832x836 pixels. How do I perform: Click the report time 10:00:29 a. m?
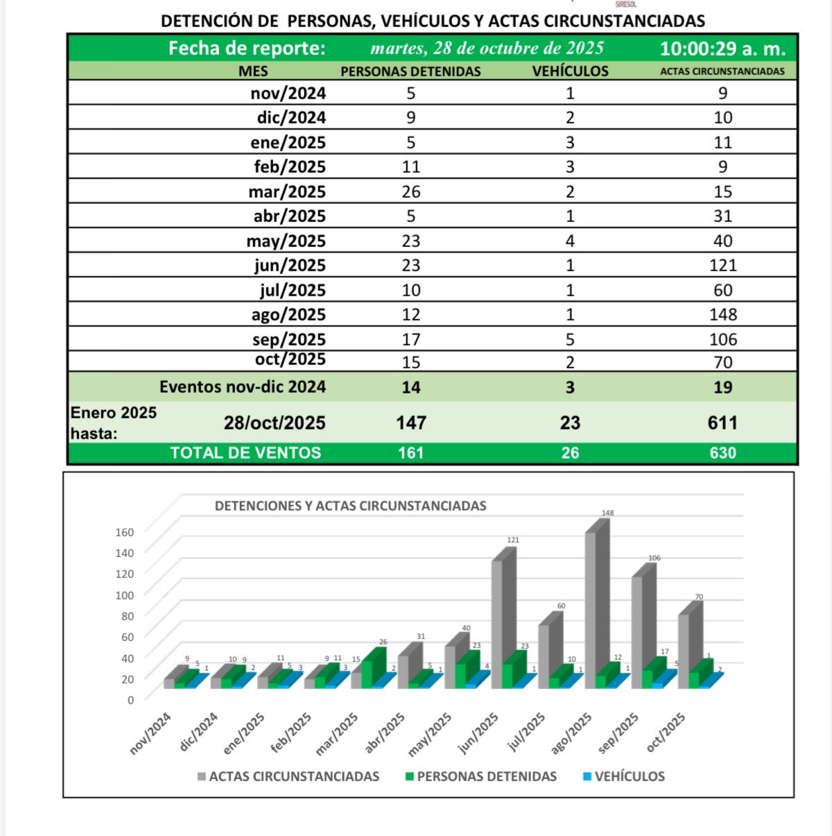(x=722, y=49)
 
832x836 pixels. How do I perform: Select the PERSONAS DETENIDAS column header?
(x=410, y=71)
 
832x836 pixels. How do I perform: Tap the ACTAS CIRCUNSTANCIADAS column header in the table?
(x=722, y=71)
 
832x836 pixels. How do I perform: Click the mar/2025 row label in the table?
(x=287, y=191)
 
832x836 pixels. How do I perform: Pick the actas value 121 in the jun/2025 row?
(x=722, y=265)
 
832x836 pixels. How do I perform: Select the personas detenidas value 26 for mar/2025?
(x=411, y=191)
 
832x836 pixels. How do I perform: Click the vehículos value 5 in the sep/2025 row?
(x=570, y=339)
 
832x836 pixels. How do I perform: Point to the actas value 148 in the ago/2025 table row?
(x=722, y=314)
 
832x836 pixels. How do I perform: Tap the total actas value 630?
(x=722, y=453)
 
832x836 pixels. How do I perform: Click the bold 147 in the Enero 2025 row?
(x=411, y=423)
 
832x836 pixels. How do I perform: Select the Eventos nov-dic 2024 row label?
(x=243, y=387)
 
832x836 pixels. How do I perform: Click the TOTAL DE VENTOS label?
(x=245, y=453)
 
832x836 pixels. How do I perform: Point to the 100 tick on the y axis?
(x=125, y=595)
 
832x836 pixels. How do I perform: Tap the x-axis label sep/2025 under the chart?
(x=618, y=733)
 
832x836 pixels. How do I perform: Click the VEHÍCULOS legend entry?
(x=630, y=776)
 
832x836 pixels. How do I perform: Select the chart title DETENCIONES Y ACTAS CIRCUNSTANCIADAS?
(x=350, y=506)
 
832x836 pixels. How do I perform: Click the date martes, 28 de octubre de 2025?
(x=487, y=49)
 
